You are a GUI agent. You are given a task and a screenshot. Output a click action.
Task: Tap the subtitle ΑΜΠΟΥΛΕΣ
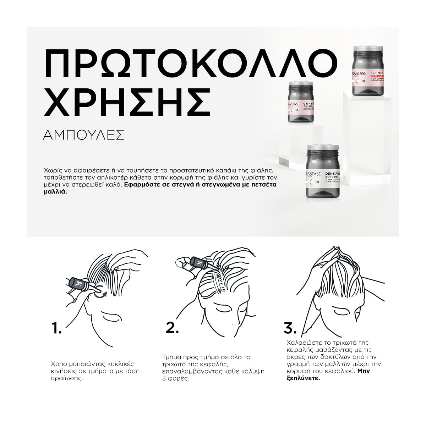[x=83, y=135]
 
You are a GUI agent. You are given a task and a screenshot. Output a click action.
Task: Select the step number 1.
[x=56, y=328]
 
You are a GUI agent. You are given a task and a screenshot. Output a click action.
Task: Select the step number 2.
[x=172, y=328]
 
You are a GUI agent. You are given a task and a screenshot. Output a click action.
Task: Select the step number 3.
[x=290, y=328]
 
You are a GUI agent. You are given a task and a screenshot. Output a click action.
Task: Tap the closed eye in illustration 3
[x=341, y=311]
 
